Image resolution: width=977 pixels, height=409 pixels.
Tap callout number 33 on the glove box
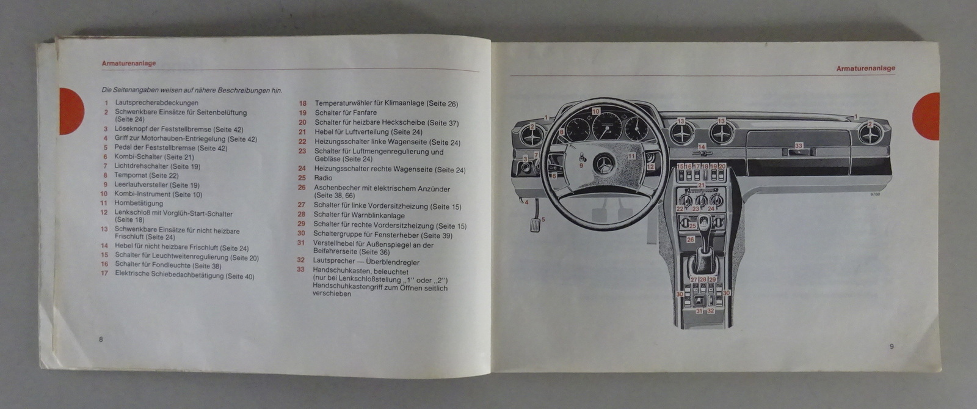pos(798,146)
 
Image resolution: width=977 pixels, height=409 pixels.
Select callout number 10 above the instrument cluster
pos(596,111)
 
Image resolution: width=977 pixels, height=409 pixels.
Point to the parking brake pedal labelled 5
pos(536,223)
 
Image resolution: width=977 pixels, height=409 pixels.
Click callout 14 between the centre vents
pos(702,147)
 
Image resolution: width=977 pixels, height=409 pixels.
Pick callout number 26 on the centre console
pos(690,240)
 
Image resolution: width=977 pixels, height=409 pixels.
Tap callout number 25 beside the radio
pos(692,226)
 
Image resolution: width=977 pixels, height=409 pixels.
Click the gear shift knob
pos(705,221)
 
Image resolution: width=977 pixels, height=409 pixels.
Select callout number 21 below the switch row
pos(702,185)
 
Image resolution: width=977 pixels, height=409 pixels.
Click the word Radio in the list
pos(324,178)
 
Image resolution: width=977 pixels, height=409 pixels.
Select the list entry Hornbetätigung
pos(139,204)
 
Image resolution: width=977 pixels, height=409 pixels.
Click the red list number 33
pos(300,269)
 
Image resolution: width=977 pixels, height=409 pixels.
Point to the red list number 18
pos(302,103)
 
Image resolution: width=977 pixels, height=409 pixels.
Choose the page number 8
pos(101,339)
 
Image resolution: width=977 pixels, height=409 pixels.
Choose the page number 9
pos(892,347)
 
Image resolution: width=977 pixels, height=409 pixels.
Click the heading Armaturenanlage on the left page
pos(128,63)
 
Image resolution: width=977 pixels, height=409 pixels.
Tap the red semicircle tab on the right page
pos(928,116)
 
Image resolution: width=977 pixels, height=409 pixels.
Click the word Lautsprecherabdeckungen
pos(156,103)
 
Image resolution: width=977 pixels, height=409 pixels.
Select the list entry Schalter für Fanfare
pos(346,113)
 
